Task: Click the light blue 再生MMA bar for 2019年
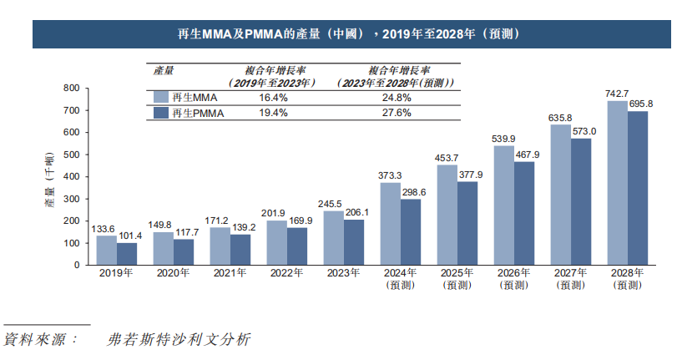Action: (106, 250)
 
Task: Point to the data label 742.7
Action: (617, 94)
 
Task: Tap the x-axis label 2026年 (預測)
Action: (508, 278)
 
